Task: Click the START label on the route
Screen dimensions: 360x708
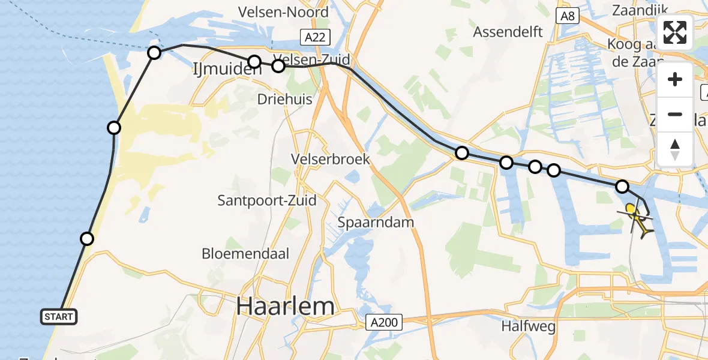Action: (x=58, y=317)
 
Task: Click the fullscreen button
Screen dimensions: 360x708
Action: (x=675, y=32)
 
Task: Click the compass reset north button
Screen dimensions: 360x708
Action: (x=675, y=149)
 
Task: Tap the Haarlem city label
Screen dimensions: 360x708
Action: (x=285, y=307)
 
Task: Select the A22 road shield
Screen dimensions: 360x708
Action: (x=314, y=38)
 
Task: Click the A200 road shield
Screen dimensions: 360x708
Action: (x=383, y=323)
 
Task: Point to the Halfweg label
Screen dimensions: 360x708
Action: (x=529, y=327)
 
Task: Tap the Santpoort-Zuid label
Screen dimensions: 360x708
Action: (x=267, y=200)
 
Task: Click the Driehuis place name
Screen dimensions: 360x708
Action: (x=285, y=99)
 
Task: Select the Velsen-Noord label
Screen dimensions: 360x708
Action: (x=283, y=12)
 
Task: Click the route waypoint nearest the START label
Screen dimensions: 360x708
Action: (x=87, y=239)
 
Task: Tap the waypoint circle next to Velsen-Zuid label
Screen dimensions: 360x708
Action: (x=278, y=66)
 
